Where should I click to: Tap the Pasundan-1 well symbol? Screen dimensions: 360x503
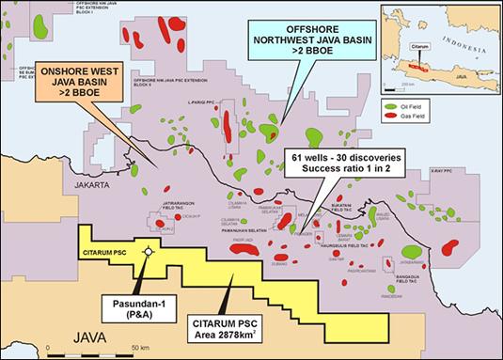point(146,252)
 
